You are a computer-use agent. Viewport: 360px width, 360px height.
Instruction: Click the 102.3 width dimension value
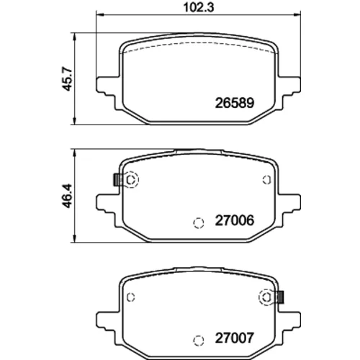(x=199, y=7)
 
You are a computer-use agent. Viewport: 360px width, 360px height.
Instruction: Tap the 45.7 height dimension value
(x=67, y=79)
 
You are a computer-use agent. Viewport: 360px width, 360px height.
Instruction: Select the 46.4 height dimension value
(x=67, y=196)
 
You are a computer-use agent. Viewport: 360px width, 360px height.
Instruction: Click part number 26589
(x=234, y=103)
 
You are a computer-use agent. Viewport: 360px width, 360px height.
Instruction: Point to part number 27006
(x=234, y=220)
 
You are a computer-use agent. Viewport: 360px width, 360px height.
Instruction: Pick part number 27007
(x=234, y=338)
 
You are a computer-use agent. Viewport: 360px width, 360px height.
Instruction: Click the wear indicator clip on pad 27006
(x=117, y=179)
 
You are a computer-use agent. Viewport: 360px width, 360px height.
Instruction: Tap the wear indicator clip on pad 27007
(x=280, y=297)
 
